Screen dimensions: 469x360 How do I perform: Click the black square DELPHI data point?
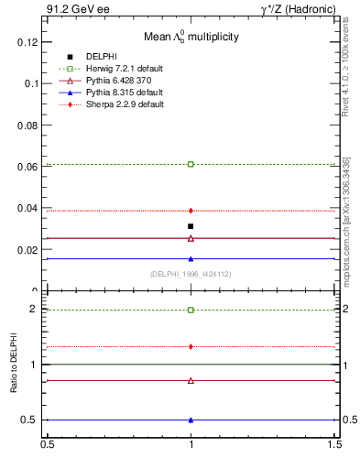(191, 226)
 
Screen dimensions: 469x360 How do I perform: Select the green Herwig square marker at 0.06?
(191, 164)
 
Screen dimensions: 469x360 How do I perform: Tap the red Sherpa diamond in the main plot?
(191, 211)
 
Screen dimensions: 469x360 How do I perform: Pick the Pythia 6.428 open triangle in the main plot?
(191, 238)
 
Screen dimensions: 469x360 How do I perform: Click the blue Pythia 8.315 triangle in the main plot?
(191, 258)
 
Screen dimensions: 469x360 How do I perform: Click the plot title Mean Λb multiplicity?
(191, 38)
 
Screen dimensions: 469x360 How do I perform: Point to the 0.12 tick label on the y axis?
(28, 42)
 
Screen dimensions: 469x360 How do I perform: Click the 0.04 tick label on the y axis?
(28, 209)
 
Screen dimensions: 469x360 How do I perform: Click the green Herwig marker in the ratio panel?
(191, 310)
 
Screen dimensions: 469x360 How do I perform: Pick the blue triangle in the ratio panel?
(191, 420)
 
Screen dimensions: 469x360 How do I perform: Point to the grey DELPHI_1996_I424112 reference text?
(190, 274)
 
